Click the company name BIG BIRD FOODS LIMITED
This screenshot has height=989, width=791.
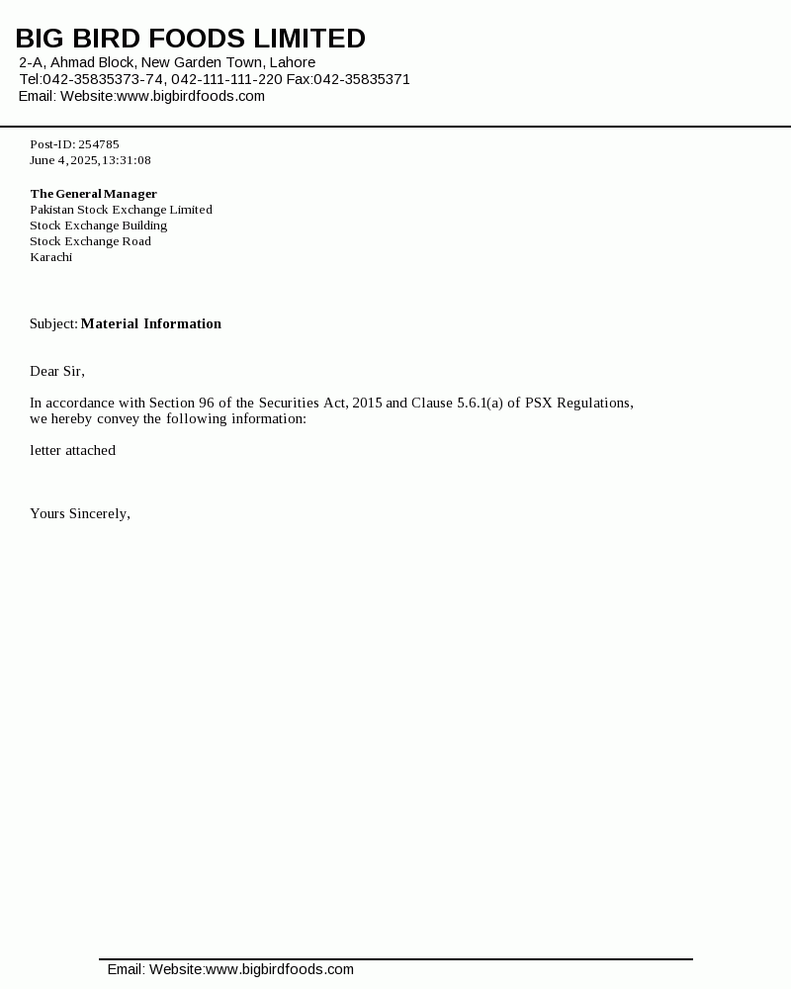[x=190, y=39]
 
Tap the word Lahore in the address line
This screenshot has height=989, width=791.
[x=293, y=62]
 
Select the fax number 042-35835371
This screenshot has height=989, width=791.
[x=362, y=79]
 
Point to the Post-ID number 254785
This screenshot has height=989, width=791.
[x=99, y=144]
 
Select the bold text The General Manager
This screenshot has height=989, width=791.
[x=94, y=194]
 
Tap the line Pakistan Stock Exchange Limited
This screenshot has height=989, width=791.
[x=121, y=210]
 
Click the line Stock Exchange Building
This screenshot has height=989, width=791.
[x=99, y=225]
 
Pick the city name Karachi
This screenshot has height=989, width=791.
[x=51, y=257]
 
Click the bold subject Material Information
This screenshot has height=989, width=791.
[x=151, y=323]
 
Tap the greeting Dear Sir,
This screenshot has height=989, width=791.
[x=57, y=371]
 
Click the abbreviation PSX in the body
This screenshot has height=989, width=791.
[x=539, y=403]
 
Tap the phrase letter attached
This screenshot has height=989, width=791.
[x=73, y=450]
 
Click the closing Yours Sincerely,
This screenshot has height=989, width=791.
[x=80, y=513]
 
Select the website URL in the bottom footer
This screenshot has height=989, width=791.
[x=280, y=969]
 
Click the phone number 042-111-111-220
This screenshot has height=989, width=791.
[x=226, y=79]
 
